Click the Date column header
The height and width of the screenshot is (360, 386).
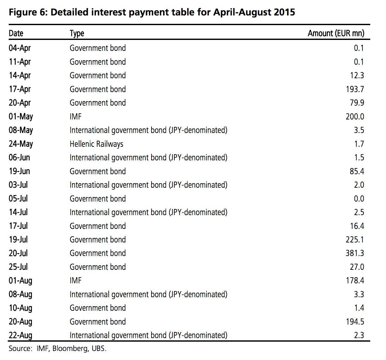pyautogui.click(x=16, y=33)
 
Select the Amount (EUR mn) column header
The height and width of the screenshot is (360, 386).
pyautogui.click(x=336, y=33)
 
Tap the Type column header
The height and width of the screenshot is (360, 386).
pyautogui.click(x=77, y=33)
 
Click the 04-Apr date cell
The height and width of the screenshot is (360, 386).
pyautogui.click(x=20, y=48)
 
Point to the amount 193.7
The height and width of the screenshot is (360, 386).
pyautogui.click(x=355, y=89)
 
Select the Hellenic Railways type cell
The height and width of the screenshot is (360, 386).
pyautogui.click(x=96, y=144)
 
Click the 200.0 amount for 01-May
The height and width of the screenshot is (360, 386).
pyautogui.click(x=355, y=117)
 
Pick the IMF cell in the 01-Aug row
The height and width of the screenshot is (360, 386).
pyautogui.click(x=76, y=280)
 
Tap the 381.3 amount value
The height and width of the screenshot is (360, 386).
pyautogui.click(x=355, y=253)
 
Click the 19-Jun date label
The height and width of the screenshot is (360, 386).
pyautogui.click(x=19, y=171)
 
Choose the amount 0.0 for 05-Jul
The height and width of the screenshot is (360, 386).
pyautogui.click(x=359, y=199)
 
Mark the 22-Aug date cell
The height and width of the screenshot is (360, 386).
pyautogui.click(x=21, y=335)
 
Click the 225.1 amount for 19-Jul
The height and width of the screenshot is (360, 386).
pyautogui.click(x=355, y=240)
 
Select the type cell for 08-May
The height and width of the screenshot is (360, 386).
pyautogui.click(x=148, y=130)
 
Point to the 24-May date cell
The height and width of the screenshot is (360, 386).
pyautogui.click(x=21, y=144)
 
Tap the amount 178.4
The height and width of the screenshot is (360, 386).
pyautogui.click(x=355, y=280)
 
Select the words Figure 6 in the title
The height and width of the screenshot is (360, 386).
pyautogui.click(x=27, y=13)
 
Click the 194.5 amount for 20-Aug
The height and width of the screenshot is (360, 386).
pyautogui.click(x=355, y=322)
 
